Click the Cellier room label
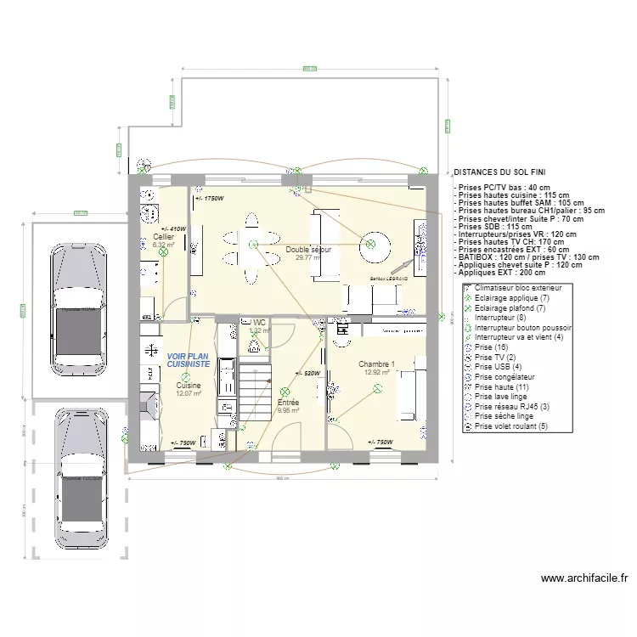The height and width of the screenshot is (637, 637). (x=163, y=237)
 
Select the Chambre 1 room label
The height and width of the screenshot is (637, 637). (x=376, y=364)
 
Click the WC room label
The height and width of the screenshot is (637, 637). (x=259, y=323)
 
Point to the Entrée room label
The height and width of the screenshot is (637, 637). (x=288, y=403)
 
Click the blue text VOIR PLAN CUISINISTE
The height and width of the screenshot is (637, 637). (x=188, y=360)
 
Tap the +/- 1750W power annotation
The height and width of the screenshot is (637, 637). (x=209, y=199)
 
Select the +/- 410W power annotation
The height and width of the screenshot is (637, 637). (x=172, y=228)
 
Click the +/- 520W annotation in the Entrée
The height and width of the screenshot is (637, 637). (x=307, y=373)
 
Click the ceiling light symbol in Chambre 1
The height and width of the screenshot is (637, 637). (x=376, y=388)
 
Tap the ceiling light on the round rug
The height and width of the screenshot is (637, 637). (x=371, y=245)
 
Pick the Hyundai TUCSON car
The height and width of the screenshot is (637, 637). (x=82, y=476)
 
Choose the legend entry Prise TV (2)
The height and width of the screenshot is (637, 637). (x=494, y=357)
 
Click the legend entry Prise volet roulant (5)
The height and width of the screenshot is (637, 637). (x=510, y=426)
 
